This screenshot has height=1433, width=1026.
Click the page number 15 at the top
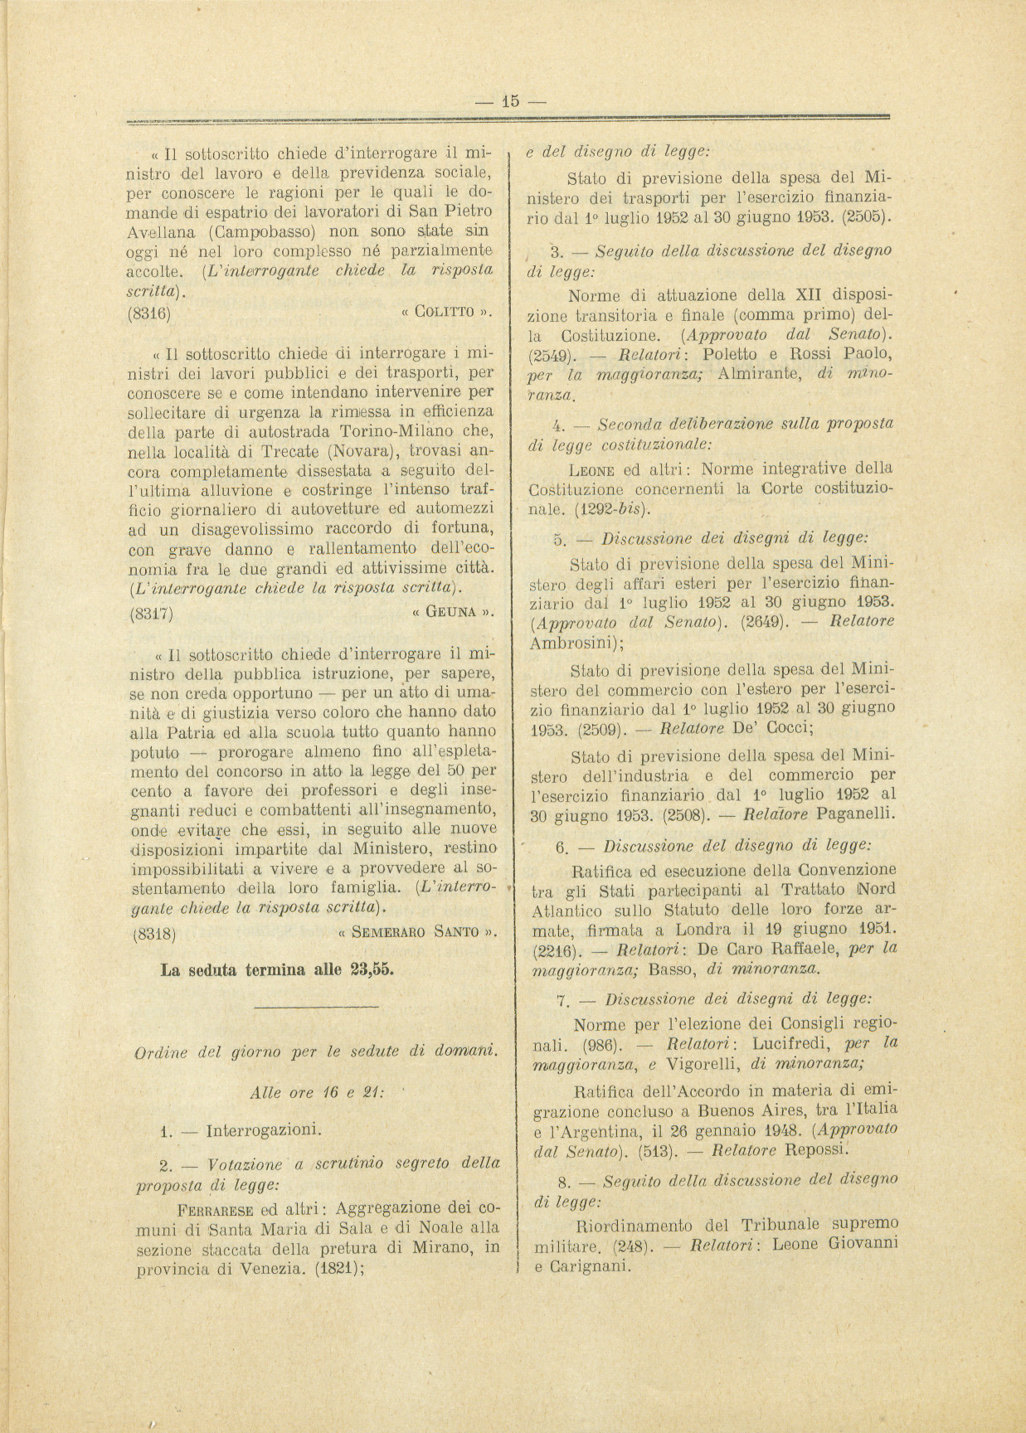tap(510, 101)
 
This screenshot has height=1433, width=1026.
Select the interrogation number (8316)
tap(151, 313)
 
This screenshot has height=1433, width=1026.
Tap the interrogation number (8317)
tap(151, 613)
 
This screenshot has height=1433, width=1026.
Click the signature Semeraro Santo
tap(418, 931)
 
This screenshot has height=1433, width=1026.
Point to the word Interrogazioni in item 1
tap(263, 1129)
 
